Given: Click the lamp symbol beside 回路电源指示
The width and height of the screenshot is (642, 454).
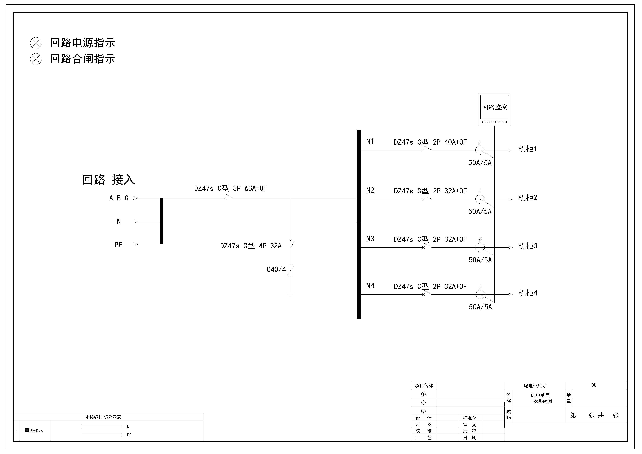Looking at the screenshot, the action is pos(36,43).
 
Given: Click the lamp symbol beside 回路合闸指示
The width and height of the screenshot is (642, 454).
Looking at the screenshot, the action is pos(36,59).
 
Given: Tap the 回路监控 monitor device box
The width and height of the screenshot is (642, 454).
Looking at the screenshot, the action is pos(494,110).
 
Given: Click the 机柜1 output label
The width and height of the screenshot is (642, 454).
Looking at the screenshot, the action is pos(527,149).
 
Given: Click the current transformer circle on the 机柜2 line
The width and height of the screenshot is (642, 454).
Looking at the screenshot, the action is pos(480,199).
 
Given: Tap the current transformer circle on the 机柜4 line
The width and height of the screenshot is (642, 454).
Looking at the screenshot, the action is pos(480,294).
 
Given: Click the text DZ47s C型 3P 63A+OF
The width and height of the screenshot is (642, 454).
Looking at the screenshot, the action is pos(230,188).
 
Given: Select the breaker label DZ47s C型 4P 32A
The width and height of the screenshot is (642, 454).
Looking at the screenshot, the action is pos(251,246).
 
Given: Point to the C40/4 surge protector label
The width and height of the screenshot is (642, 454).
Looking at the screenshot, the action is pos(276,269).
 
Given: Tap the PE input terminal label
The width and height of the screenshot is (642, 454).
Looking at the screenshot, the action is pos(118,245).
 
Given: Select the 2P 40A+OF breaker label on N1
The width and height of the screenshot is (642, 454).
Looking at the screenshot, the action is pos(450,142).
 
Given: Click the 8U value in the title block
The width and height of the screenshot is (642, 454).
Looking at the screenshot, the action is pos(594,385).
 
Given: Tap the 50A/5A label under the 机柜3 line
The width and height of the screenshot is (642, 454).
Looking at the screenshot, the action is pos(480,260).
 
